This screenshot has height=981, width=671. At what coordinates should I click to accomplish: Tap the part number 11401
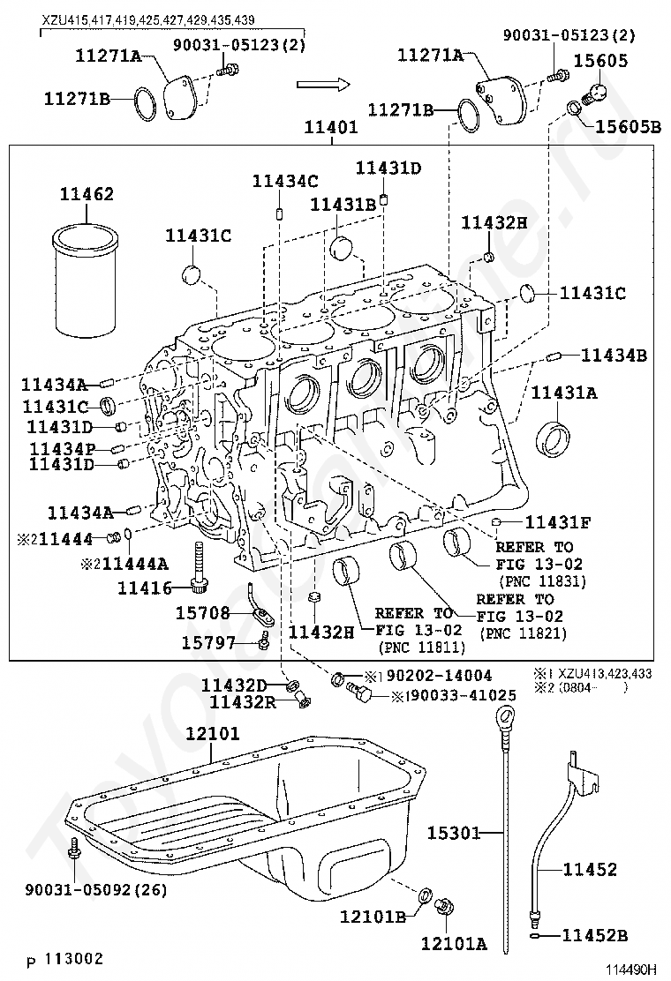click(331, 127)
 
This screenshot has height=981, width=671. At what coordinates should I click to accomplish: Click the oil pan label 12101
click(212, 734)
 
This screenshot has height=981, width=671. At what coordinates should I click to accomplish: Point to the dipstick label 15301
click(453, 832)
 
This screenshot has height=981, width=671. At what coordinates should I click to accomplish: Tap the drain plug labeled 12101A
click(448, 906)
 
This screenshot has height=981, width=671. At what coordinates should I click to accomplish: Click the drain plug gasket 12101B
click(424, 896)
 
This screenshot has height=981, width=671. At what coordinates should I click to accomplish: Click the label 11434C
click(284, 181)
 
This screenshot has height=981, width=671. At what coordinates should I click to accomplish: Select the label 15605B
click(627, 127)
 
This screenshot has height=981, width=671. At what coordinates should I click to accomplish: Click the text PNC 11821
click(523, 633)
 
